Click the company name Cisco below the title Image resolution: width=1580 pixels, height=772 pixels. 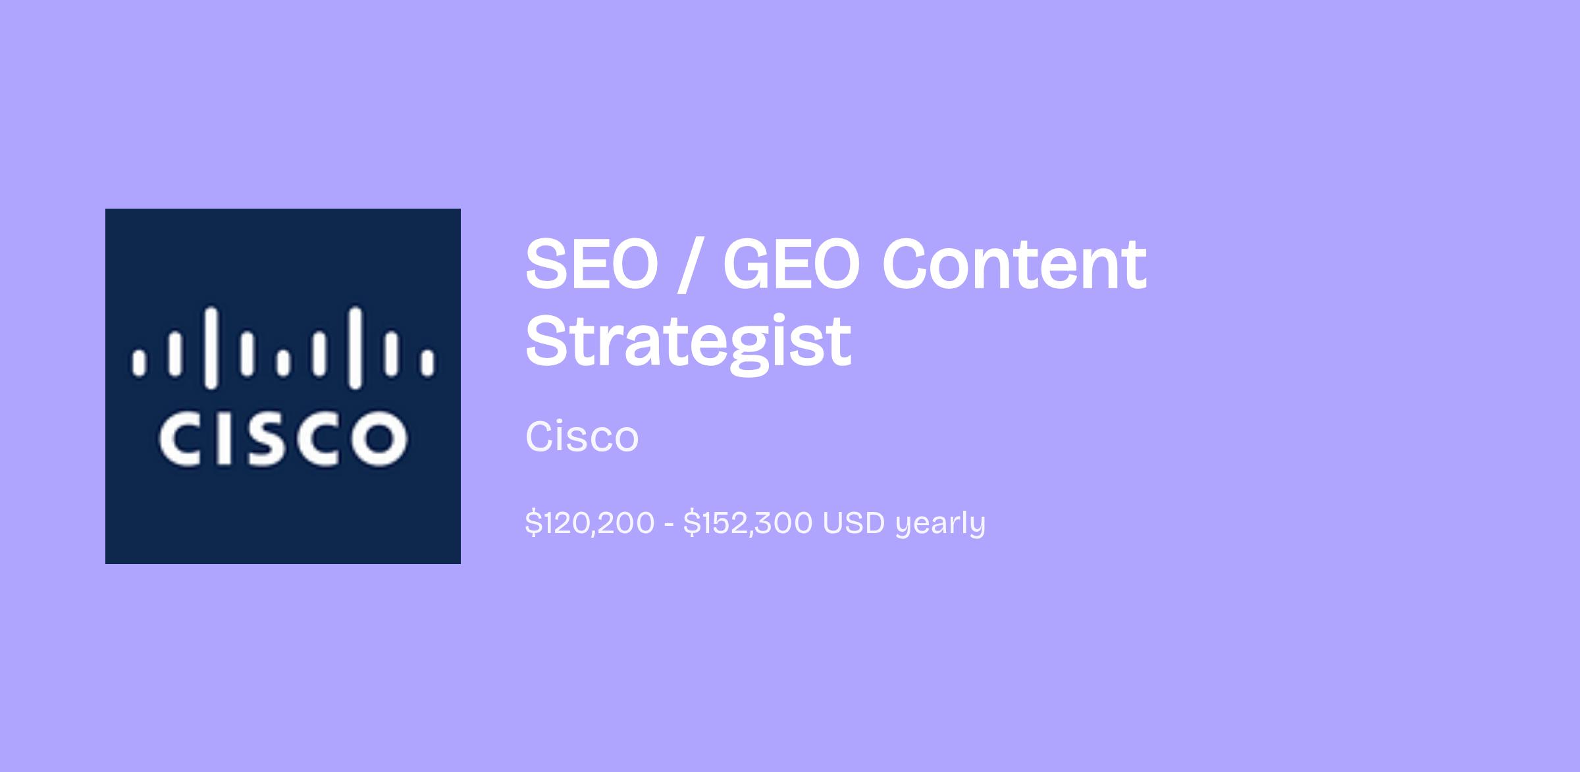coord(582,436)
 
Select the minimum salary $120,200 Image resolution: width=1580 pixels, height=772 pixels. coord(590,523)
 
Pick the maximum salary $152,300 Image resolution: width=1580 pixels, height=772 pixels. coord(748,523)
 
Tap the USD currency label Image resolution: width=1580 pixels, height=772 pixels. coord(854,523)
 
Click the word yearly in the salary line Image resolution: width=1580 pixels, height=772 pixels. coord(940,525)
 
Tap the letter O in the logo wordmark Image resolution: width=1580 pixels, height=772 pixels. coord(379,438)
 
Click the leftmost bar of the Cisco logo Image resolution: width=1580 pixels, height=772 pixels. coord(139,363)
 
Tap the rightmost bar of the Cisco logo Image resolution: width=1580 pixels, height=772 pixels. coord(427,363)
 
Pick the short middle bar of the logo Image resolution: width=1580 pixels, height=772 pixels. coord(283,363)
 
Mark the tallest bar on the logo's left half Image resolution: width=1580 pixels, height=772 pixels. coord(211,347)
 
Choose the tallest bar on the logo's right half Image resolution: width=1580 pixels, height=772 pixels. coord(355,347)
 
